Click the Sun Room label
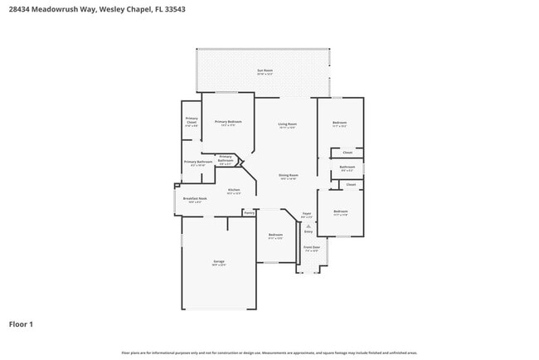pyautogui.click(x=265, y=71)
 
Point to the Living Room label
pyautogui.click(x=288, y=124)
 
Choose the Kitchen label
pyautogui.click(x=234, y=190)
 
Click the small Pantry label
pyautogui.click(x=249, y=212)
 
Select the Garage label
pyautogui.click(x=218, y=261)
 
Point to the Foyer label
pyautogui.click(x=306, y=213)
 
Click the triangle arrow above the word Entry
pyautogui.click(x=308, y=225)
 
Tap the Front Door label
pyautogui.click(x=311, y=247)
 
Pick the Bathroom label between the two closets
pyautogui.click(x=347, y=167)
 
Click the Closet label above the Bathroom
pyautogui.click(x=347, y=152)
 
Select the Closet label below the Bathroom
pyautogui.click(x=351, y=184)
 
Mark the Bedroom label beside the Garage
pyautogui.click(x=275, y=234)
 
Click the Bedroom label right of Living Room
pyautogui.click(x=339, y=123)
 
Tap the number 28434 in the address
pyautogui.click(x=21, y=11)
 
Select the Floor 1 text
pyautogui.click(x=21, y=324)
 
